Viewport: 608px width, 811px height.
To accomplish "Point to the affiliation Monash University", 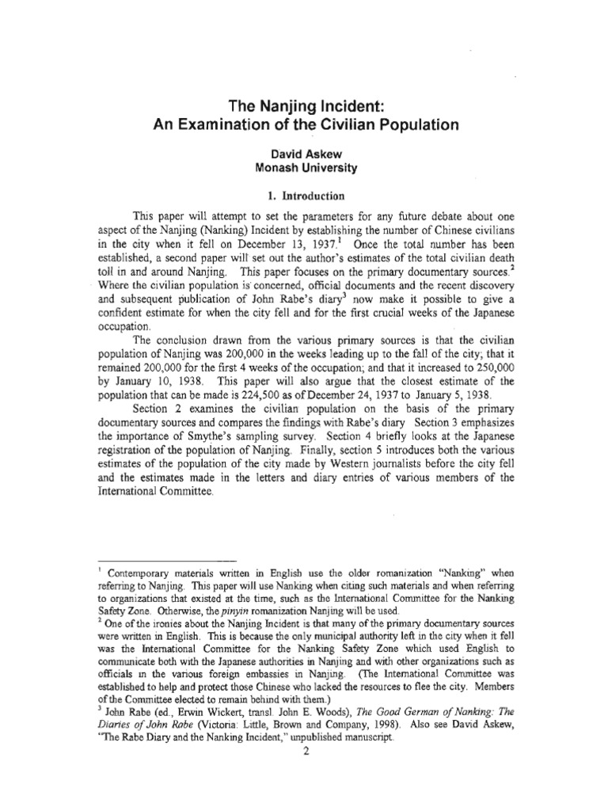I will tap(305, 168).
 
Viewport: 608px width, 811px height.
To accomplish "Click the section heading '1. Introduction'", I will tap(305, 194).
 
